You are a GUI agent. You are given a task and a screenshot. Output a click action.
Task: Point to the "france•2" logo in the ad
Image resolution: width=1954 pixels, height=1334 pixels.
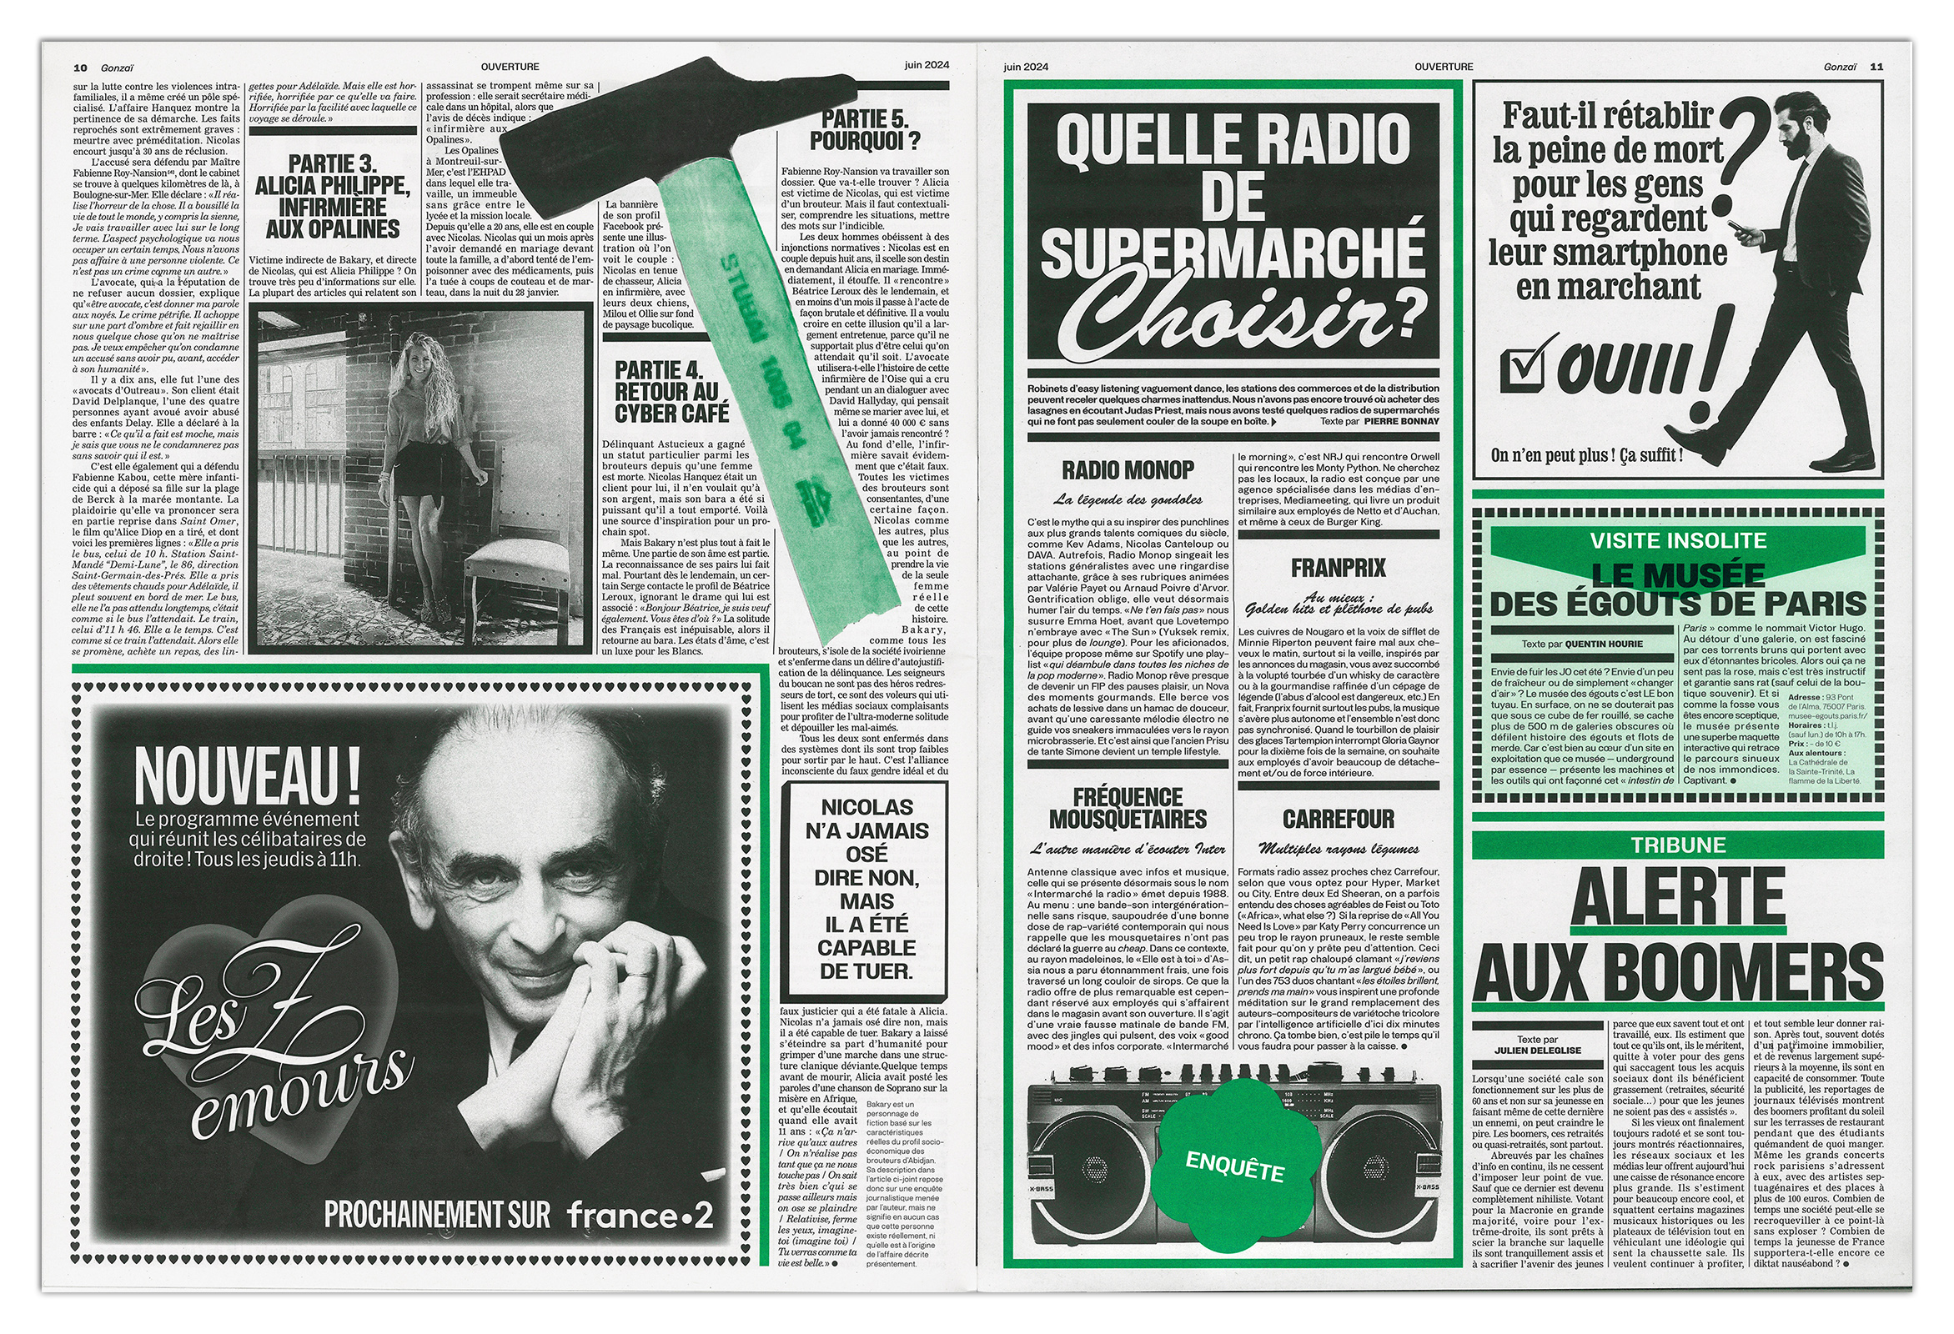pyautogui.click(x=640, y=1215)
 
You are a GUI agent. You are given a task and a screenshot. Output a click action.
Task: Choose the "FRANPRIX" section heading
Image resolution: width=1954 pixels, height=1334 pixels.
pyautogui.click(x=1338, y=569)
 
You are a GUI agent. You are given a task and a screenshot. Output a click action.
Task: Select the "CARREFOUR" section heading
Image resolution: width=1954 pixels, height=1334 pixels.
pyautogui.click(x=1338, y=819)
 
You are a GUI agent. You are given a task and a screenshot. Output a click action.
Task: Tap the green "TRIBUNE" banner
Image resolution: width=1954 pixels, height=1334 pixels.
pyautogui.click(x=1677, y=845)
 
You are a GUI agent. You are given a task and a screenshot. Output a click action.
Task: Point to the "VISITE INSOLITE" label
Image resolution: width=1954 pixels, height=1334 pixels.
pyautogui.click(x=1677, y=540)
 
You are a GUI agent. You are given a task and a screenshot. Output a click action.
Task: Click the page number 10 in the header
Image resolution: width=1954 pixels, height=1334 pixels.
pyautogui.click(x=81, y=68)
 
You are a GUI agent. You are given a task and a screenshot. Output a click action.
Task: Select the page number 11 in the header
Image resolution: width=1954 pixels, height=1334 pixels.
pyautogui.click(x=1876, y=67)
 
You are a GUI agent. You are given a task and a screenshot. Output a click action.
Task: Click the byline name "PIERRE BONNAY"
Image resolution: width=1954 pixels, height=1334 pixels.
pyautogui.click(x=1401, y=421)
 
